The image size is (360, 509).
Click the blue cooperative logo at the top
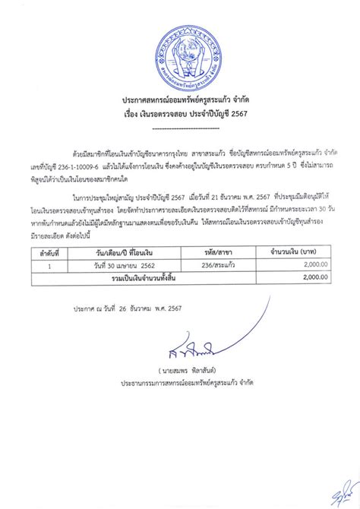(x=180, y=55)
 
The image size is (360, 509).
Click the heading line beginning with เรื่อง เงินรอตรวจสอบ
(x=180, y=115)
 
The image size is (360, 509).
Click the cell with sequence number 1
(x=50, y=267)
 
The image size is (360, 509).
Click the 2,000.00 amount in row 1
(x=307, y=267)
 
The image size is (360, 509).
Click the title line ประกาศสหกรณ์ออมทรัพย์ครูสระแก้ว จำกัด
(x=180, y=101)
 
